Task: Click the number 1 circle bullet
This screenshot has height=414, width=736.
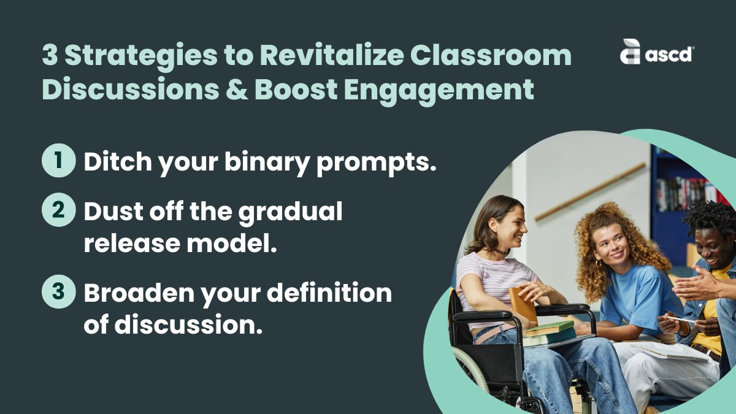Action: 58,161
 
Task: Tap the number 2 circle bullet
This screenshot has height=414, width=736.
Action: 58,210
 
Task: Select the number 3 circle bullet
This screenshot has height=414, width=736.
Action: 58,292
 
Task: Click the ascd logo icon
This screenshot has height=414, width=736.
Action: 630,52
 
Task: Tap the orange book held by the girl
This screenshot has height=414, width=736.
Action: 523,304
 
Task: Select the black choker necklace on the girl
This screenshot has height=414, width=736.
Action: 502,251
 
